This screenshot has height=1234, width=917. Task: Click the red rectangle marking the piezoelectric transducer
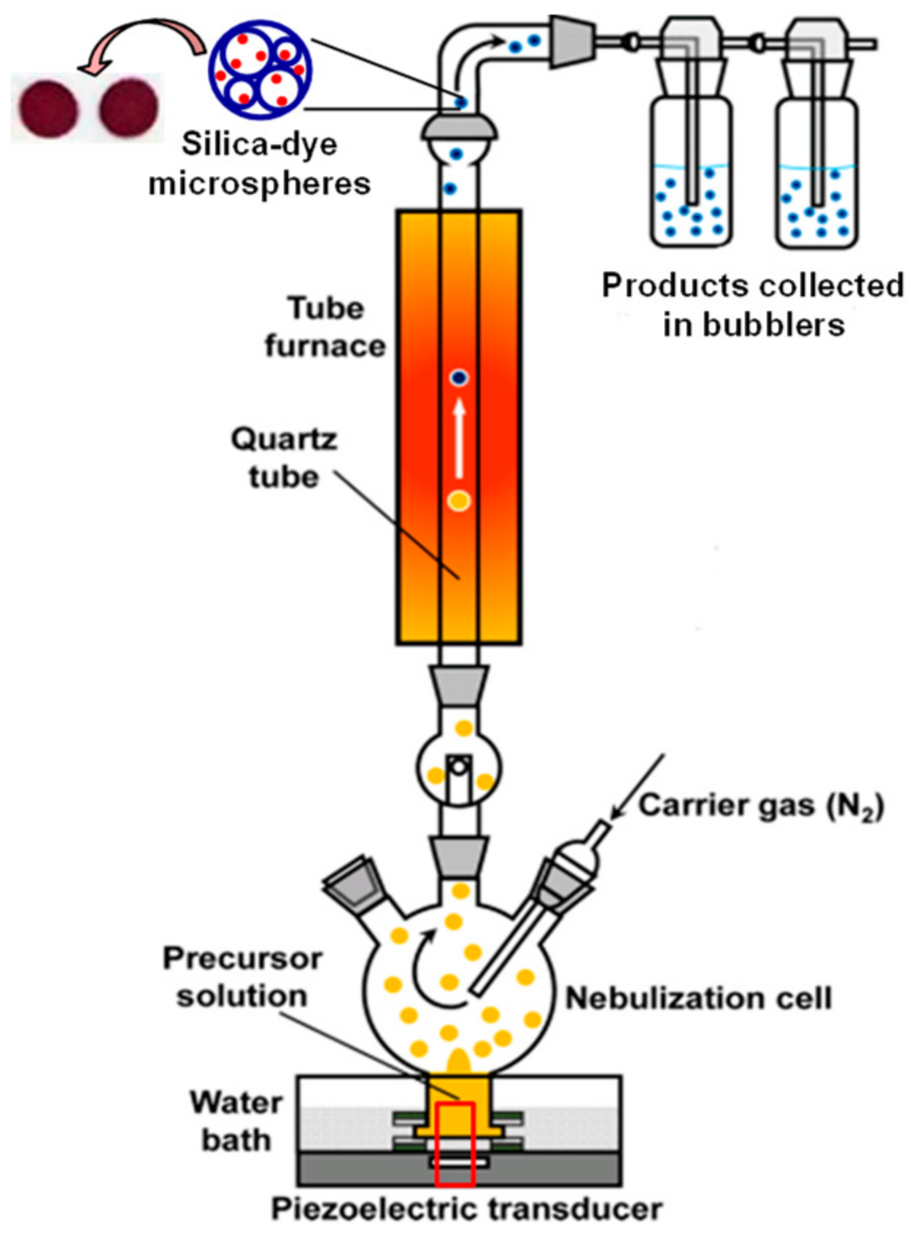click(x=454, y=1143)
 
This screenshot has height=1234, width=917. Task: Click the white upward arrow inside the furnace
click(x=460, y=437)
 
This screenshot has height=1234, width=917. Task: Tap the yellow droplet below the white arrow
click(x=459, y=501)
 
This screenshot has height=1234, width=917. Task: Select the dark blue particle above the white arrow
click(x=459, y=377)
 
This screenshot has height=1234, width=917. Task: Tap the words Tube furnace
click(x=325, y=326)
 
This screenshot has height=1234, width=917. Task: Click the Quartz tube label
click(x=284, y=458)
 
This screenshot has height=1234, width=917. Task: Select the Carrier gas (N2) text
click(x=761, y=806)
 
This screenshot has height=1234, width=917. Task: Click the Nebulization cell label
click(x=698, y=998)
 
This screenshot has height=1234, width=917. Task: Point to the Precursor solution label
click(x=241, y=976)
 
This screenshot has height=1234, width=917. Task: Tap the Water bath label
click(x=236, y=1121)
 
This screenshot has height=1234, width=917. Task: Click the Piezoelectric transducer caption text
click(x=466, y=1209)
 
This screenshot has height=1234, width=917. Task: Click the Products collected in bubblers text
click(x=752, y=304)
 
